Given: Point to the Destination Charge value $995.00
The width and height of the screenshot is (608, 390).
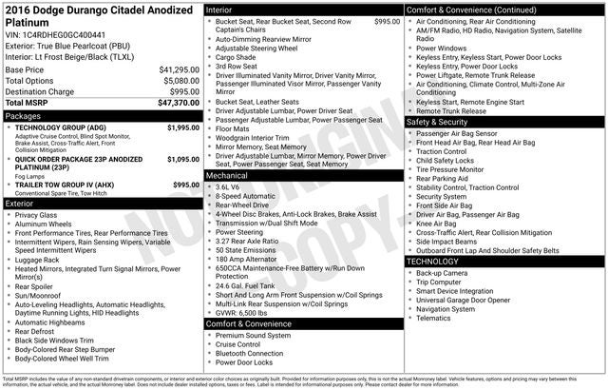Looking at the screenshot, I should [x=182, y=91].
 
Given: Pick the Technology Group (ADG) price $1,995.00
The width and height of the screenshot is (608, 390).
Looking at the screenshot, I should [x=183, y=127].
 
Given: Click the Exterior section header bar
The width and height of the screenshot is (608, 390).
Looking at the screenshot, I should [x=102, y=204].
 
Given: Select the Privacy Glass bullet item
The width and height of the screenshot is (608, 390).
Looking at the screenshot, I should [x=35, y=215].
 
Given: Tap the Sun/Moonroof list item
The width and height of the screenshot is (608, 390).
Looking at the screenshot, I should [x=40, y=296].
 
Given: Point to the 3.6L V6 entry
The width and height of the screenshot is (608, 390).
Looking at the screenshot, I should [x=227, y=187].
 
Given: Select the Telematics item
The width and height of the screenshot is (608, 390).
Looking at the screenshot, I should [x=435, y=318].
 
